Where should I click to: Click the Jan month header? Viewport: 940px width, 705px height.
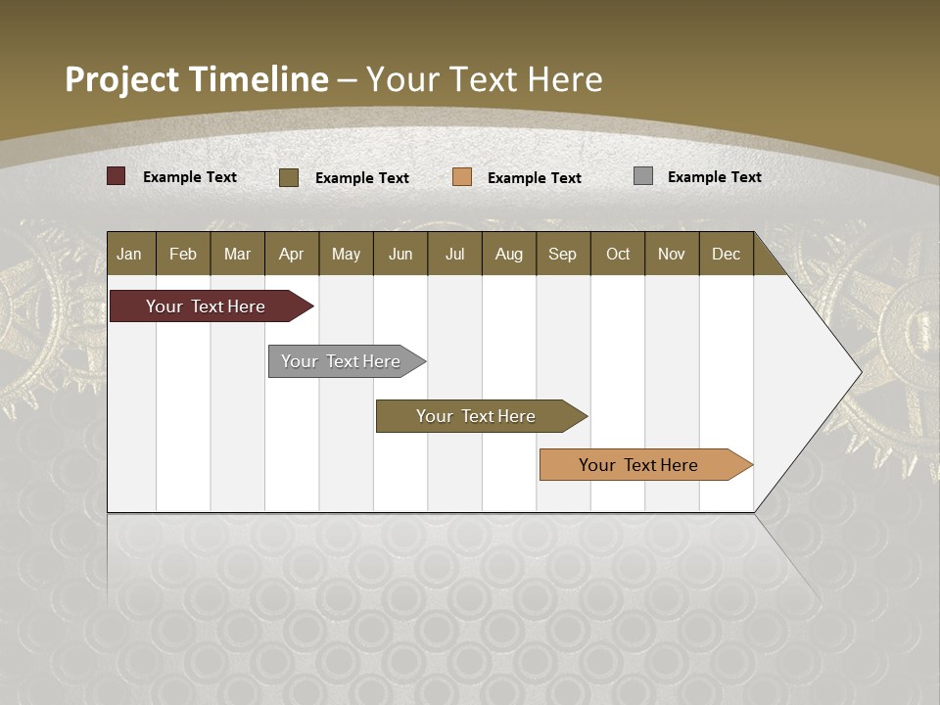130,254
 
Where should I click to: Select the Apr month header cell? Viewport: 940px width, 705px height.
292,254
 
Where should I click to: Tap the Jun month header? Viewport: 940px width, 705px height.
400,254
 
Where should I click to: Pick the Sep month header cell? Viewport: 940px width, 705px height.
563,254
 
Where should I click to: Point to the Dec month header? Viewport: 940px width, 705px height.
726,254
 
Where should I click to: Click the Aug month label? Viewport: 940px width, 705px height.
509,254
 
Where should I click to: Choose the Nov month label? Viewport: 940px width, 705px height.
672,254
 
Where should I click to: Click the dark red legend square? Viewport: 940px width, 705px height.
117,176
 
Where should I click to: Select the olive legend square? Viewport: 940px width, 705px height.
289,177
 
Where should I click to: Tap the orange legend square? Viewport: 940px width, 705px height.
462,177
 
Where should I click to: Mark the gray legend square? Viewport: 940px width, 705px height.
643,176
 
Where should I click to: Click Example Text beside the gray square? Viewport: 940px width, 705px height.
714,177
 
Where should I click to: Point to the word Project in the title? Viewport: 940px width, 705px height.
121,79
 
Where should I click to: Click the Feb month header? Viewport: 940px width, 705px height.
183,254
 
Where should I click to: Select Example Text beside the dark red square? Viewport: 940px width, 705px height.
190,177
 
